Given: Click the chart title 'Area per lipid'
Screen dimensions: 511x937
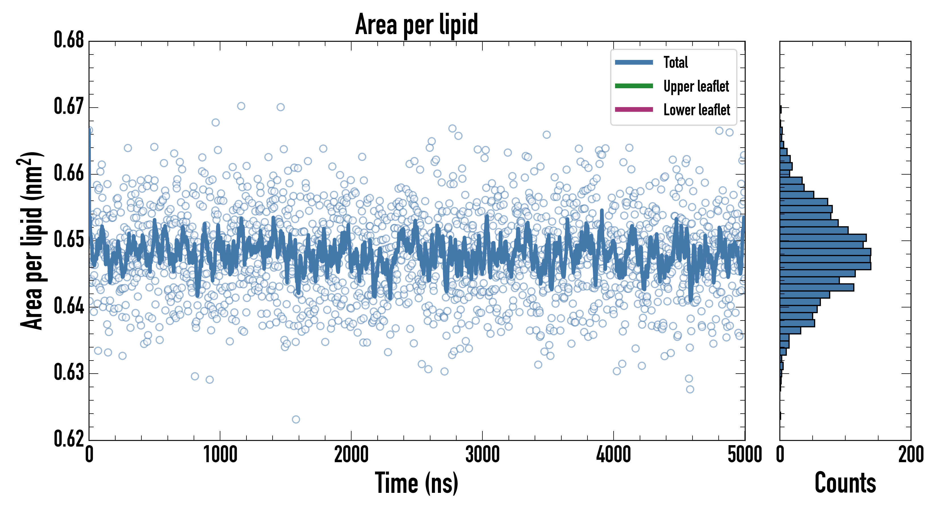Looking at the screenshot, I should (417, 24).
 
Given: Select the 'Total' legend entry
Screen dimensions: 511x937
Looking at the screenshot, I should (675, 62).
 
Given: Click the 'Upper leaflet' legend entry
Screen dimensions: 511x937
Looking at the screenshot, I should (696, 86).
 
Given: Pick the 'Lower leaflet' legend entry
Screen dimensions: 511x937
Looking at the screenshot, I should (697, 110).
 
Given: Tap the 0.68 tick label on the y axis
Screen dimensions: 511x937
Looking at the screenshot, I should (69, 40).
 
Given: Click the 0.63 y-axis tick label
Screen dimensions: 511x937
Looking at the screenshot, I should (69, 373).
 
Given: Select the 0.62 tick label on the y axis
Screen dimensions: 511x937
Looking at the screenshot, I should (69, 439).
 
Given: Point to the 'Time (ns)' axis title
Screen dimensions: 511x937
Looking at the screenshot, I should (417, 483).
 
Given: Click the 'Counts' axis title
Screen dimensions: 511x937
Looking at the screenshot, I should (845, 483).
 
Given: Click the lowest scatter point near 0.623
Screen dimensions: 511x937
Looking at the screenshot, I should (296, 419).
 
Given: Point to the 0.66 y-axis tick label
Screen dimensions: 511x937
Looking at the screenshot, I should (69, 173).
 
